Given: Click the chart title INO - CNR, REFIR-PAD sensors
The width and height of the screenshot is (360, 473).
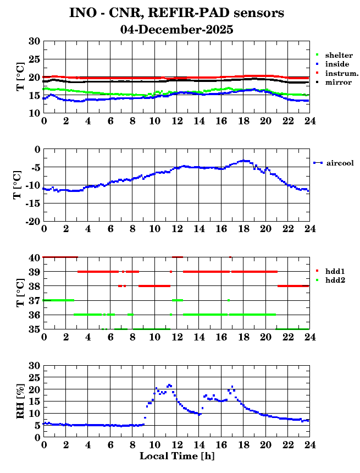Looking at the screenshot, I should click(x=176, y=13).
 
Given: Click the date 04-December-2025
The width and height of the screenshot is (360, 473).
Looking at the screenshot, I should click(x=176, y=30).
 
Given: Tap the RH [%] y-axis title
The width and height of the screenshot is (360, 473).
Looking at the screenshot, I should click(x=21, y=401).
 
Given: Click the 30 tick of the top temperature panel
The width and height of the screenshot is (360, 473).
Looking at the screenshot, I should click(x=34, y=41).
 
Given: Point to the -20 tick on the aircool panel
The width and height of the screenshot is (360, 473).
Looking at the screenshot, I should click(x=32, y=221).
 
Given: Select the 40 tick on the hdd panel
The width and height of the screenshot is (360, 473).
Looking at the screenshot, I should click(x=34, y=257).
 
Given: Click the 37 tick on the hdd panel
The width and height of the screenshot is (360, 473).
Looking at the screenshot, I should click(x=34, y=300).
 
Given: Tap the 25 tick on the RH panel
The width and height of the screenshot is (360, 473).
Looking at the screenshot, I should click(x=34, y=377).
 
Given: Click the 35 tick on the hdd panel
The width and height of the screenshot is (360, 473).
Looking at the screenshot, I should click(x=34, y=329).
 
